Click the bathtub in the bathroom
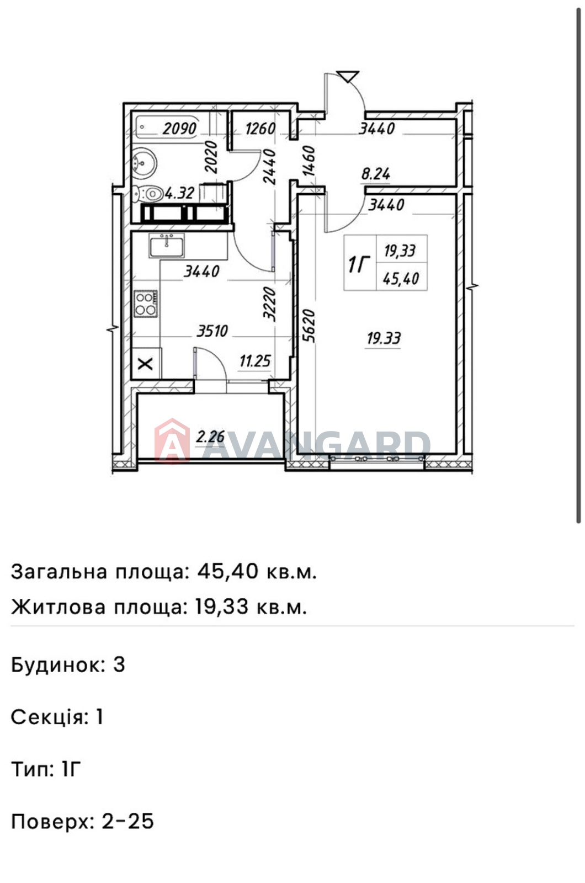[x=168, y=127]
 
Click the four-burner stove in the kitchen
[x=146, y=304]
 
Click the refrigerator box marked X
[x=146, y=364]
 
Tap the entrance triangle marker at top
[x=348, y=76]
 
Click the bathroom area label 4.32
[x=180, y=193]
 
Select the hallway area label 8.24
[x=376, y=174]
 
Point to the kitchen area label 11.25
[x=255, y=361]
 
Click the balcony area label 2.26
[x=210, y=437]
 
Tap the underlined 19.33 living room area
[x=384, y=339]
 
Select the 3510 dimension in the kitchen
[x=212, y=331]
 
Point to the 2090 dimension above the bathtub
[x=180, y=129]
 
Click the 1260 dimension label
[x=260, y=129]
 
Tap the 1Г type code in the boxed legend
[x=359, y=264]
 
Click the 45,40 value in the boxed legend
[x=401, y=279]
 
